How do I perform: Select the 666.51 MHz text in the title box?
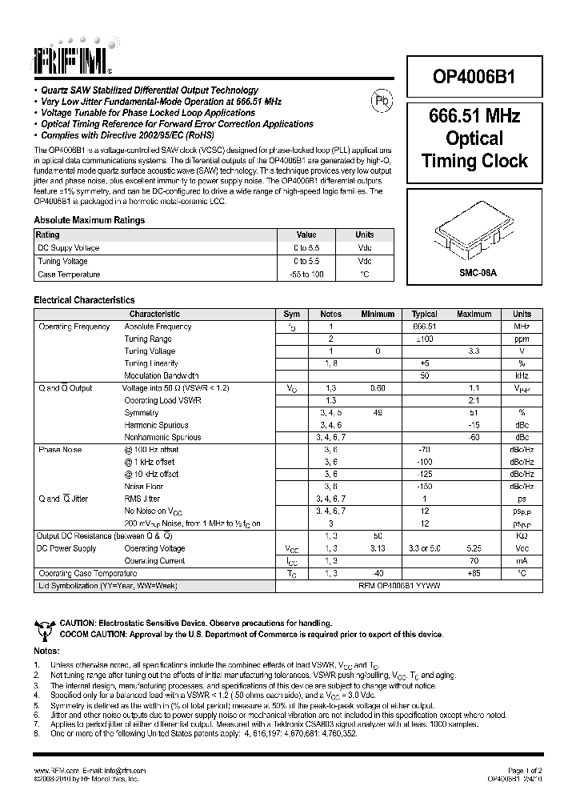474,116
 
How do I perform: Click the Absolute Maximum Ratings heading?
89,220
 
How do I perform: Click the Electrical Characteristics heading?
84,299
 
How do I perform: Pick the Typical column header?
424,315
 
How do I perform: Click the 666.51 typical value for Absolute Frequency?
424,327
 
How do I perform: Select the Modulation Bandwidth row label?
161,375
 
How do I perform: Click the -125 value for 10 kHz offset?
424,474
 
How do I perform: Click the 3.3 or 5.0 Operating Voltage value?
424,548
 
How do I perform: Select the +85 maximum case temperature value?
474,574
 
